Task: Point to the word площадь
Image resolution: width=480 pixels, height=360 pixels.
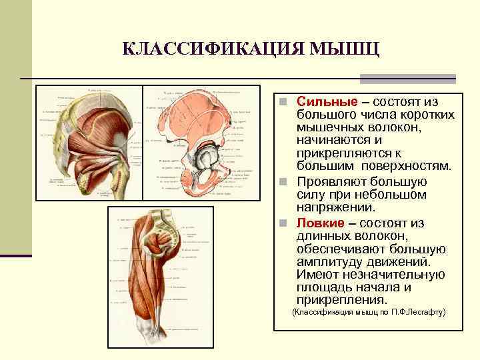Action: [x=324, y=288]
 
